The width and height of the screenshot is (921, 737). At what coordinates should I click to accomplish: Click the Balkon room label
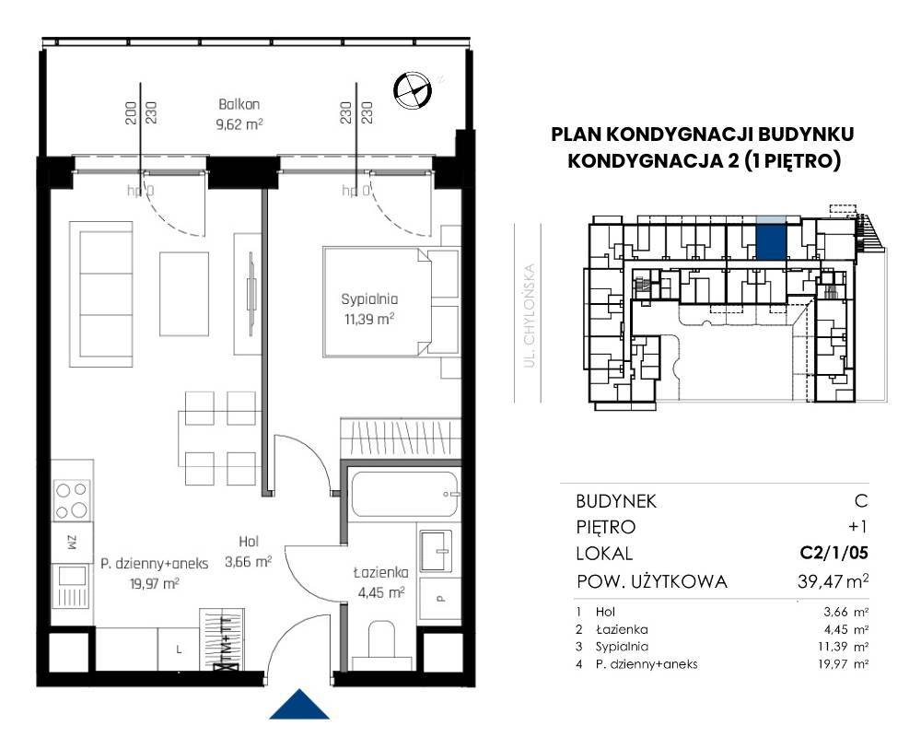(239, 105)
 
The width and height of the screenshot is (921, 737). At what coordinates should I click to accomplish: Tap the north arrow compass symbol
(413, 90)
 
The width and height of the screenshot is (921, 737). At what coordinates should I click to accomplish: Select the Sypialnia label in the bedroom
(369, 299)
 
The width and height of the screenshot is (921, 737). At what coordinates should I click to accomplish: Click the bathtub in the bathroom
(403, 494)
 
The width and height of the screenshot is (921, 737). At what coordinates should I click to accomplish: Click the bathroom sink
(436, 551)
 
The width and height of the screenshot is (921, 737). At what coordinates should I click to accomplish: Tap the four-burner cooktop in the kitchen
(72, 501)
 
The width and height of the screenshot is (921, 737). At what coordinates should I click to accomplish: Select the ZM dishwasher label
(72, 542)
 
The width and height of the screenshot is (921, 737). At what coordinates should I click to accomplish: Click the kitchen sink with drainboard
(71, 586)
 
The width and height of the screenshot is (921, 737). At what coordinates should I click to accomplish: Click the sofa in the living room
(101, 294)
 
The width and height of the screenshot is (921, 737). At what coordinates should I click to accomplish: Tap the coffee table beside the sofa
(184, 294)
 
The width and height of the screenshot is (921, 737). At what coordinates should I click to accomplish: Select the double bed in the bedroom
(391, 302)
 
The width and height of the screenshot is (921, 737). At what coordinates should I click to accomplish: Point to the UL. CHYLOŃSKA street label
(530, 316)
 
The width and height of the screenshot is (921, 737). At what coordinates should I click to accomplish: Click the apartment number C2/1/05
(834, 553)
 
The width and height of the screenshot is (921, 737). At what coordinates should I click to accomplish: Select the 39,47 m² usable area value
(833, 581)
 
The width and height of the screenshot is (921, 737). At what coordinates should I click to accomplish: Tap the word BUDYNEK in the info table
(616, 501)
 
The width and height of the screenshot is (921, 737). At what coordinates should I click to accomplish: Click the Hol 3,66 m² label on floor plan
(249, 551)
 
